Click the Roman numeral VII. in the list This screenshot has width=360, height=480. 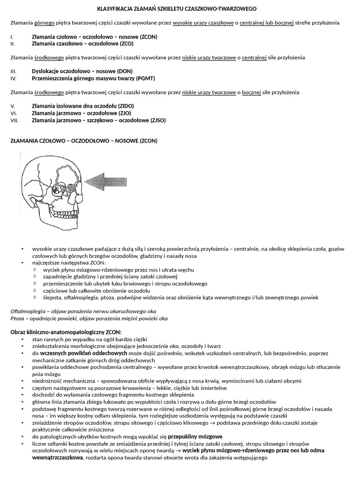click(14, 120)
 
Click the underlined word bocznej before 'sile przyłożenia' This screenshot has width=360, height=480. click(251, 92)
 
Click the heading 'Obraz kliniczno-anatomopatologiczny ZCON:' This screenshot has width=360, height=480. click(66, 332)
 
